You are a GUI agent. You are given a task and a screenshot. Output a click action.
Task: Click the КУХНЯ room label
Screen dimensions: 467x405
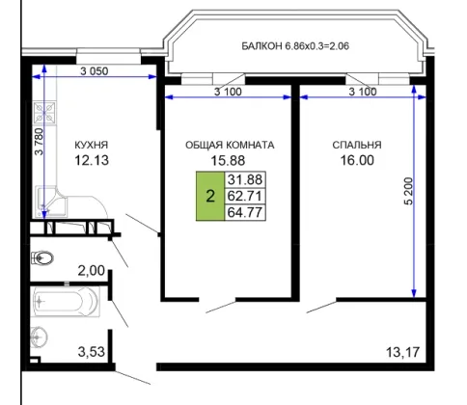pyautogui.click(x=92, y=145)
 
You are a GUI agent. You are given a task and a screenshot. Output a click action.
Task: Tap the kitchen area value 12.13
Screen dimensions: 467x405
pyautogui.click(x=92, y=160)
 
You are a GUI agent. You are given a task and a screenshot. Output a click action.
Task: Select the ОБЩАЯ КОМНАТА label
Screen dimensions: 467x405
pyautogui.click(x=230, y=145)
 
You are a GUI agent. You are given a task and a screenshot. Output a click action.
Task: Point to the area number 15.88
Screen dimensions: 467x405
pyautogui.click(x=228, y=160)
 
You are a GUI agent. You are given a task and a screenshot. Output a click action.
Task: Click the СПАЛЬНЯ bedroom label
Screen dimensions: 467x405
pyautogui.click(x=357, y=145)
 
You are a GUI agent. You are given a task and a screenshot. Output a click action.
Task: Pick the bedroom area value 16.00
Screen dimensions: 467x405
pyautogui.click(x=357, y=160)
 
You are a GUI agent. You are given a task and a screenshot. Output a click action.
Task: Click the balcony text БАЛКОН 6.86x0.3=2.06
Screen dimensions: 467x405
pyautogui.click(x=295, y=46)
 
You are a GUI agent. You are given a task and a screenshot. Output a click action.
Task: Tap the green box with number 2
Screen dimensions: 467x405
pyautogui.click(x=210, y=196)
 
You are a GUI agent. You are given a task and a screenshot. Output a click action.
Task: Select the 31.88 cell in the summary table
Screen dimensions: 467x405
pyautogui.click(x=245, y=179)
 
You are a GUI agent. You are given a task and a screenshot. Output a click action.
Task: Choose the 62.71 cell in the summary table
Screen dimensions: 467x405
pyautogui.click(x=245, y=196)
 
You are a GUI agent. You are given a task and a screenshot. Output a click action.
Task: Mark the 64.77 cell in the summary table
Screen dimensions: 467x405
pyautogui.click(x=245, y=212)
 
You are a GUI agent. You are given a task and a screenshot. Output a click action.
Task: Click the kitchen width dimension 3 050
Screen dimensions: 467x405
pyautogui.click(x=95, y=71)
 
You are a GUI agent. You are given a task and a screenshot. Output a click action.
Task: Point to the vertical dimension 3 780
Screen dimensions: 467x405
pyautogui.click(x=39, y=142)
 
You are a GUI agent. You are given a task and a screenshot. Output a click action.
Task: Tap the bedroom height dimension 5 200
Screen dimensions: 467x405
pyautogui.click(x=408, y=191)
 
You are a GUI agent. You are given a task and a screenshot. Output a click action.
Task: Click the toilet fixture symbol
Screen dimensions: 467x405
pyautogui.click(x=41, y=257)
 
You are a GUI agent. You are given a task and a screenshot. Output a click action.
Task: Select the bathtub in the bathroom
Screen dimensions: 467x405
pyautogui.click(x=66, y=302)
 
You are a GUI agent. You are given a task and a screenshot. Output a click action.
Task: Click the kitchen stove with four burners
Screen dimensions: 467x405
pyautogui.click(x=44, y=113)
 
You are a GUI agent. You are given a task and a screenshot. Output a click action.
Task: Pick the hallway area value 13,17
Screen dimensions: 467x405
pyautogui.click(x=403, y=352)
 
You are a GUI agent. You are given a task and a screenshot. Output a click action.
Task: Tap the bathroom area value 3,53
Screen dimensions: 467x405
pyautogui.click(x=92, y=352)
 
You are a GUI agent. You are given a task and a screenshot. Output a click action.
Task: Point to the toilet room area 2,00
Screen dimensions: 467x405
pyautogui.click(x=92, y=271)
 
